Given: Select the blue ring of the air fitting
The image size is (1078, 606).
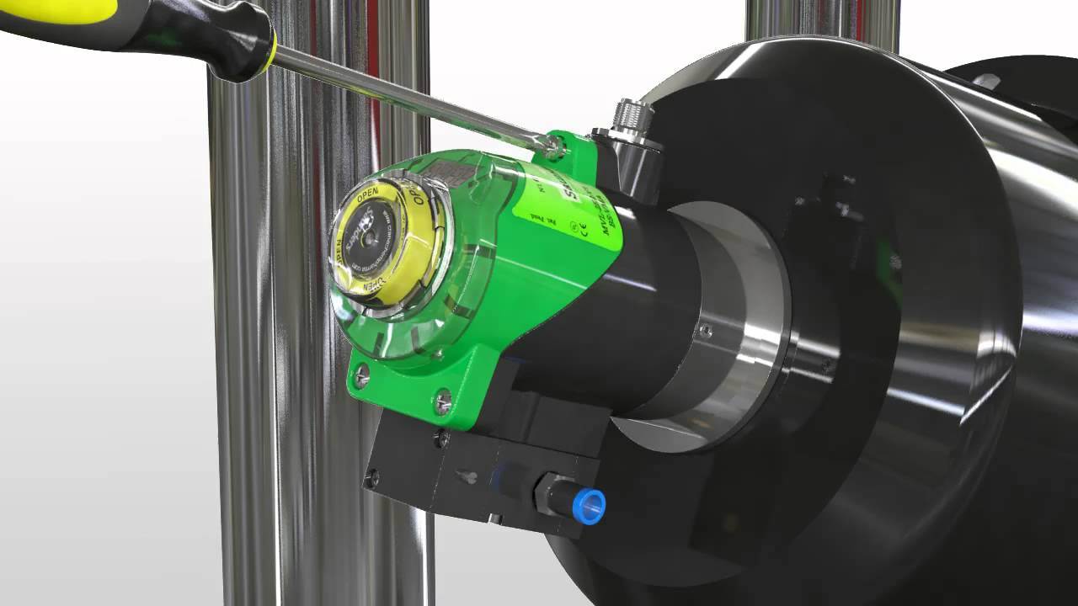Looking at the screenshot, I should click(x=589, y=506).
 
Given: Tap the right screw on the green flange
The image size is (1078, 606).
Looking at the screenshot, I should click(x=442, y=401).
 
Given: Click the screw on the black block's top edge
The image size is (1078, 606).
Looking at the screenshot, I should click(x=441, y=438).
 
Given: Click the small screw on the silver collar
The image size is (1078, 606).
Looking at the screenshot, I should click(x=706, y=331).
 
